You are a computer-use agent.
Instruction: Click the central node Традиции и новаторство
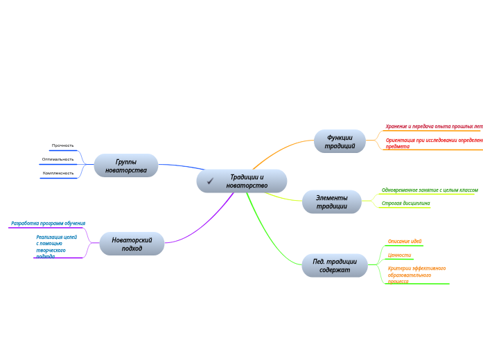pyautogui.click(x=247, y=181)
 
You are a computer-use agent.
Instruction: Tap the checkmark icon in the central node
pyautogui.click(x=210, y=181)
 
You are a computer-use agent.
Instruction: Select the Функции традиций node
pyautogui.click(x=340, y=142)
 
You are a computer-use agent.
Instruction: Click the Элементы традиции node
pyautogui.click(x=332, y=202)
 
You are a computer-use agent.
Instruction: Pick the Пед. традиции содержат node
pyautogui.click(x=335, y=266)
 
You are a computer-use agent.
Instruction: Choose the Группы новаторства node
pyautogui.click(x=126, y=166)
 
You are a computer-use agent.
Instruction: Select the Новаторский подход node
pyautogui.click(x=132, y=244)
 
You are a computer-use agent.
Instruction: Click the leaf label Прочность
pyautogui.click(x=62, y=145)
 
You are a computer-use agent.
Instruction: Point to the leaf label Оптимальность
pyautogui.click(x=58, y=159)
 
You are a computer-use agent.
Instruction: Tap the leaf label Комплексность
pyautogui.click(x=58, y=173)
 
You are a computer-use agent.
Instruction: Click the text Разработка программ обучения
pyautogui.click(x=48, y=224)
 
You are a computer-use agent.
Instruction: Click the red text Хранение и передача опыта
pyautogui.click(x=433, y=127)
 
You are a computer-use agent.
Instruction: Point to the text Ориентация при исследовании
pyautogui.click(x=434, y=143)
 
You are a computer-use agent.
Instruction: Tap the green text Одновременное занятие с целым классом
pyautogui.click(x=430, y=190)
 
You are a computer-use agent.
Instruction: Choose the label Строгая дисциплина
pyautogui.click(x=406, y=204)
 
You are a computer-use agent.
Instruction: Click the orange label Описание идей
pyautogui.click(x=405, y=242)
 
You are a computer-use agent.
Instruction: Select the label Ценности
pyautogui.click(x=399, y=255)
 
